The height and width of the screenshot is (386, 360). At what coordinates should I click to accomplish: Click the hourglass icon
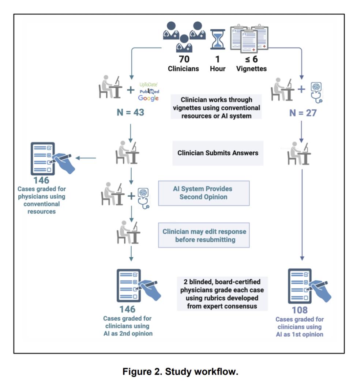pyautogui.click(x=218, y=39)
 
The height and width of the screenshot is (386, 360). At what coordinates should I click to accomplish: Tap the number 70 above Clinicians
pyautogui.click(x=184, y=59)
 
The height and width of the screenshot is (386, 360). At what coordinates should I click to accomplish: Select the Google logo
pyautogui.click(x=148, y=98)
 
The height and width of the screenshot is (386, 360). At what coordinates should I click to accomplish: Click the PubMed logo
pyautogui.click(x=149, y=92)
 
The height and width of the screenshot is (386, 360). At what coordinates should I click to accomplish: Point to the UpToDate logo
pyautogui.click(x=148, y=85)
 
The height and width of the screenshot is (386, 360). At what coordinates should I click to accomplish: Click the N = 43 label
pyautogui.click(x=130, y=113)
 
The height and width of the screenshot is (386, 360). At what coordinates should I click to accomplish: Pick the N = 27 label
pyautogui.click(x=303, y=113)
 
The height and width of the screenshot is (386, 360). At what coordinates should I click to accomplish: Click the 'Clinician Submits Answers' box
pyautogui.click(x=218, y=153)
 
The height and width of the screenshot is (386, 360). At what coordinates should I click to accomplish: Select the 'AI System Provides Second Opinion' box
pyautogui.click(x=204, y=193)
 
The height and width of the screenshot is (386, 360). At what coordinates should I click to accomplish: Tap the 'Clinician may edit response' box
pyautogui.click(x=204, y=235)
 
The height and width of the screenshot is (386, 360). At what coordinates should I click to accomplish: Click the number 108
pyautogui.click(x=300, y=310)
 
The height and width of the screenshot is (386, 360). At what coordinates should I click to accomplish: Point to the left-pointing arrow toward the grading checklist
pyautogui.click(x=86, y=158)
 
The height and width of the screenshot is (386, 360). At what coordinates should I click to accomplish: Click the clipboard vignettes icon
pyautogui.click(x=249, y=38)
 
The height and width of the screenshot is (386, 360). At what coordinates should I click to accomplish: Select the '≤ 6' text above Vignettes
pyautogui.click(x=251, y=59)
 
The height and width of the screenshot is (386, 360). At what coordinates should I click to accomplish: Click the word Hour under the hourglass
pyautogui.click(x=218, y=69)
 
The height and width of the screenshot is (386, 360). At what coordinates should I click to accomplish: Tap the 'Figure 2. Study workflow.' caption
pyautogui.click(x=180, y=371)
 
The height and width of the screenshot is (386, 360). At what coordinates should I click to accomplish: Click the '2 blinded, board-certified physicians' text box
pyautogui.click(x=222, y=294)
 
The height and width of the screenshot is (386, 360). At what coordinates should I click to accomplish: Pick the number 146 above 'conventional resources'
pyautogui.click(x=41, y=181)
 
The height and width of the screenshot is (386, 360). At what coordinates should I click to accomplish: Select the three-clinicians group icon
pyautogui.click(x=184, y=37)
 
